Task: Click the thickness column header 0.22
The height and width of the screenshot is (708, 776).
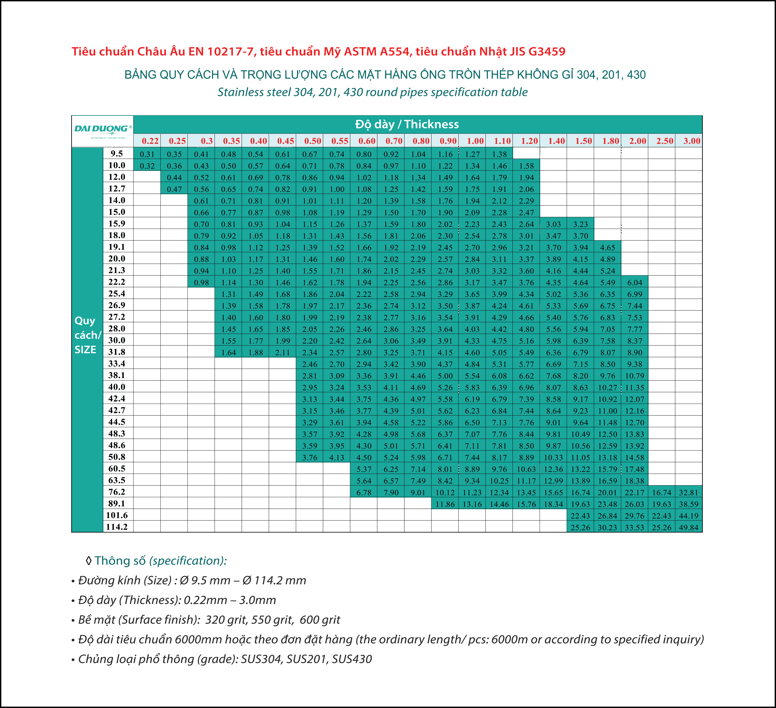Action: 150,141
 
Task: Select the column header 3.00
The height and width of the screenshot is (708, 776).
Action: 691,141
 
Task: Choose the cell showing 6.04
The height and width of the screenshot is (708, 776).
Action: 634,282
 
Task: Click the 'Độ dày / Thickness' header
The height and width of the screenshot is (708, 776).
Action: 407,124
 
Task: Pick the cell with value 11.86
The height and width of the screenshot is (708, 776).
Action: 445,504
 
